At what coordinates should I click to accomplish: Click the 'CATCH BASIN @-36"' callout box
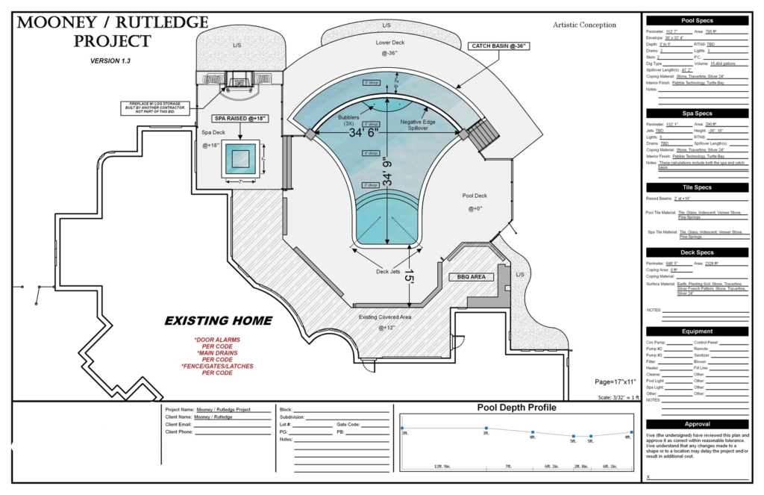[499, 46]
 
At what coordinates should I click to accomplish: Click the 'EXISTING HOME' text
[218, 321]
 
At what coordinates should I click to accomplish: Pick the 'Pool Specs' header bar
[697, 21]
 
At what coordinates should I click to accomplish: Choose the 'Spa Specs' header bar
[697, 113]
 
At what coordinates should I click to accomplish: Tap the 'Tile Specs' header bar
[697, 187]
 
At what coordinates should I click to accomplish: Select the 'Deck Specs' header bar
[697, 252]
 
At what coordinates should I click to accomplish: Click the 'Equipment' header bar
[697, 331]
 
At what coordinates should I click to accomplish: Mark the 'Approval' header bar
[697, 423]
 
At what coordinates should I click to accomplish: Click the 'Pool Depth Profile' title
[516, 408]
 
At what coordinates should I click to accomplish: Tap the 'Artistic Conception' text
[585, 25]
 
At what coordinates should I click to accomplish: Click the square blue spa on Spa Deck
[241, 158]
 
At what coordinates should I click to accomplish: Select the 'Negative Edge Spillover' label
[422, 125]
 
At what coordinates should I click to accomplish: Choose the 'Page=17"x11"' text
[616, 382]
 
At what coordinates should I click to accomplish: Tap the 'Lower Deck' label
[389, 43]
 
